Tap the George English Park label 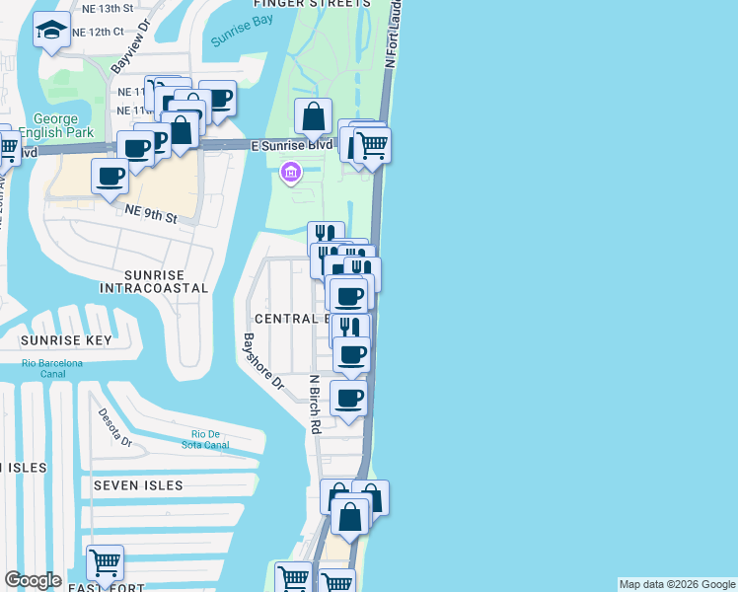(x=61, y=125)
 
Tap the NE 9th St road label (x=150, y=213)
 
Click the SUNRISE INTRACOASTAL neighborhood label (x=154, y=280)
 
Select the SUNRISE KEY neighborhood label (x=66, y=340)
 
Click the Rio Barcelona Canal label (x=52, y=368)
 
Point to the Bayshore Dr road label (x=263, y=360)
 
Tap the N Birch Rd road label (x=315, y=404)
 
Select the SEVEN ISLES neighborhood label (x=138, y=485)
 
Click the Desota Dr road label (x=113, y=428)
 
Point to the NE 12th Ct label (x=111, y=32)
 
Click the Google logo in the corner (x=33, y=580)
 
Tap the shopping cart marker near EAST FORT (x=105, y=562)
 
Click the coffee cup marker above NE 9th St (x=111, y=177)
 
